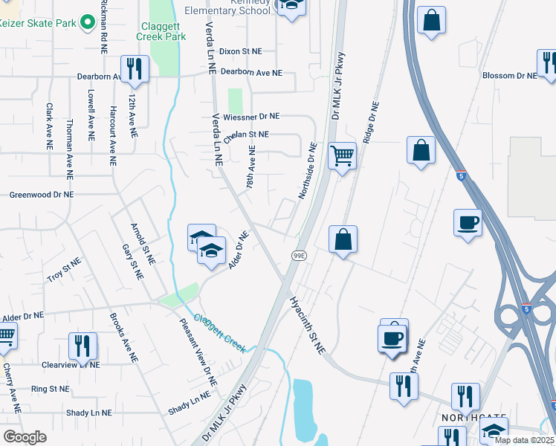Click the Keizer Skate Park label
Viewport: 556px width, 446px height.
[39, 23]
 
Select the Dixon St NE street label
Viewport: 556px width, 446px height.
[241, 51]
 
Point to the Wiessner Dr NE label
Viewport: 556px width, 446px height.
[250, 117]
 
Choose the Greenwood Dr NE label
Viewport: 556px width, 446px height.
[42, 195]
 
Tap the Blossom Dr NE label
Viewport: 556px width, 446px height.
[509, 76]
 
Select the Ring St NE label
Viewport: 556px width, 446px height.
[50, 389]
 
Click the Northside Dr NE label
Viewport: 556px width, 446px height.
[308, 171]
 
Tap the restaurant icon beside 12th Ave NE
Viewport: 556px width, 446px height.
[135, 69]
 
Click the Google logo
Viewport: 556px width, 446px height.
[25, 437]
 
